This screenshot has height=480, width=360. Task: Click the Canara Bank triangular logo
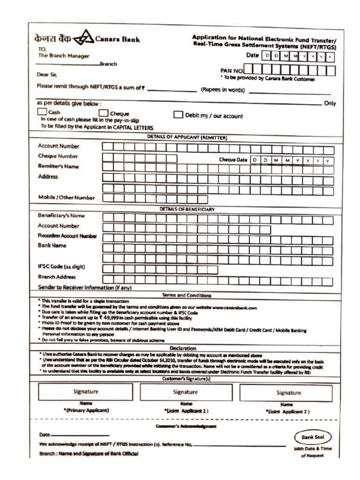pyautogui.click(x=83, y=38)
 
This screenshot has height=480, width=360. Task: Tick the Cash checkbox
pyautogui.click(x=42, y=112)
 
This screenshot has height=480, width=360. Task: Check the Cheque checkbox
pyautogui.click(x=103, y=113)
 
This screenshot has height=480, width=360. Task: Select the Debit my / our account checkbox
pyautogui.click(x=178, y=115)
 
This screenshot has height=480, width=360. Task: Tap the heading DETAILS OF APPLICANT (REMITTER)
pyautogui.click(x=187, y=138)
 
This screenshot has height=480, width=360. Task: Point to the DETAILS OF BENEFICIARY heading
pyautogui.click(x=187, y=209)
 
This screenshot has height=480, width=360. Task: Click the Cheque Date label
pyautogui.click(x=233, y=160)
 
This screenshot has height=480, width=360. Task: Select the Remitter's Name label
pyautogui.click(x=58, y=166)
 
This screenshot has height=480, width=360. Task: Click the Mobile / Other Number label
pyautogui.click(x=66, y=198)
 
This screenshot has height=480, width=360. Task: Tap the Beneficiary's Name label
pyautogui.click(x=61, y=216)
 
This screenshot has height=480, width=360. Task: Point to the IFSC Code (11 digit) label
pyautogui.click(x=61, y=267)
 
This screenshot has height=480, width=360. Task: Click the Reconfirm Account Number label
pyautogui.click(x=67, y=236)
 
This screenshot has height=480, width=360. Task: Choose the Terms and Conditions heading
pyautogui.click(x=186, y=295)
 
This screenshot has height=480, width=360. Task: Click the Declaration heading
pyautogui.click(x=183, y=348)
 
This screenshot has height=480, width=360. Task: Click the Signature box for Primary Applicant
pyautogui.click(x=85, y=391)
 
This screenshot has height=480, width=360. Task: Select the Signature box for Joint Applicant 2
pyautogui.click(x=288, y=393)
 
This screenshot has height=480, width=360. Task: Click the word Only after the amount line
pyautogui.click(x=330, y=104)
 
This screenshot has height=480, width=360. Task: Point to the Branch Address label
pyautogui.click(x=57, y=277)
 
